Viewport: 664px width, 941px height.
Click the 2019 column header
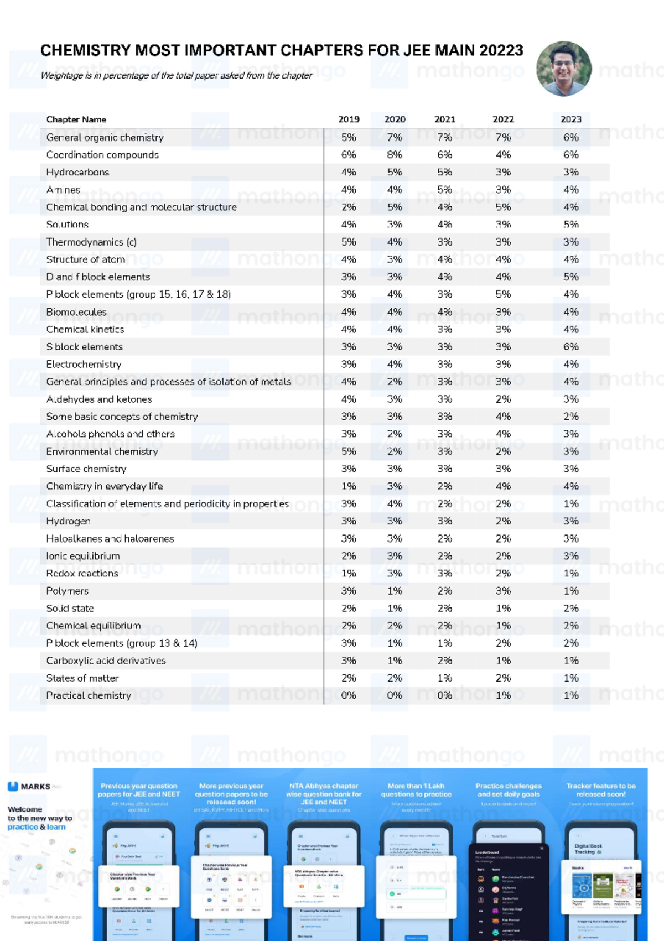[349, 119]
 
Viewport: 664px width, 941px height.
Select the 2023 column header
[570, 119]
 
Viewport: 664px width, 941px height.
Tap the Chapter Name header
[76, 119]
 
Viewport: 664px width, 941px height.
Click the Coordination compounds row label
[102, 155]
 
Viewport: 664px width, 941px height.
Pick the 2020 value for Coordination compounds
[395, 155]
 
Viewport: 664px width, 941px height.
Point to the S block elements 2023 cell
[570, 347]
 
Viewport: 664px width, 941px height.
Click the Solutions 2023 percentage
[570, 225]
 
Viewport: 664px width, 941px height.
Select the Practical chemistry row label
[89, 695]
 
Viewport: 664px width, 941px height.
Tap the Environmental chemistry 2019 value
[349, 451]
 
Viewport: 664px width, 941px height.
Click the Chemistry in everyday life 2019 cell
[349, 486]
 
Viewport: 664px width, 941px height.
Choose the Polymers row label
[68, 591]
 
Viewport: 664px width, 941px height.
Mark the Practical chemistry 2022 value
[503, 695]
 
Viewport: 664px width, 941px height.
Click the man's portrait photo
[564, 69]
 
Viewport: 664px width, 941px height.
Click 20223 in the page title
[501, 51]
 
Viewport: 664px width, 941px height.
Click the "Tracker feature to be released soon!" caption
[601, 790]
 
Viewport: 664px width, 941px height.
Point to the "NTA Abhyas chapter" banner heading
[324, 786]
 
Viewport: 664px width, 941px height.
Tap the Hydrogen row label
[68, 521]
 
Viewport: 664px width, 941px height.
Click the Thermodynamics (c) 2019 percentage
[349, 242]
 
